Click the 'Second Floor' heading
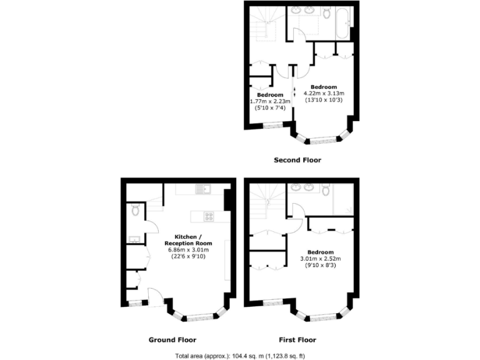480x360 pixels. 297,160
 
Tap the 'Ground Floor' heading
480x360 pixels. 172,340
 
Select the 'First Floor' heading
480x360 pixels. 297,340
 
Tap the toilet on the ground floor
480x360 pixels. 136,212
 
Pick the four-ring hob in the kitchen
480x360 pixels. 209,217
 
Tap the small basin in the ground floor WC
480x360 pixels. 134,239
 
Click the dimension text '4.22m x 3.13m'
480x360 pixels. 324,94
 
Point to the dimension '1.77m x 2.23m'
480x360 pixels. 269,101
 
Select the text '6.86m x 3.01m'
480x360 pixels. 188,249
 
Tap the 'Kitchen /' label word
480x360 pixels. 187,236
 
